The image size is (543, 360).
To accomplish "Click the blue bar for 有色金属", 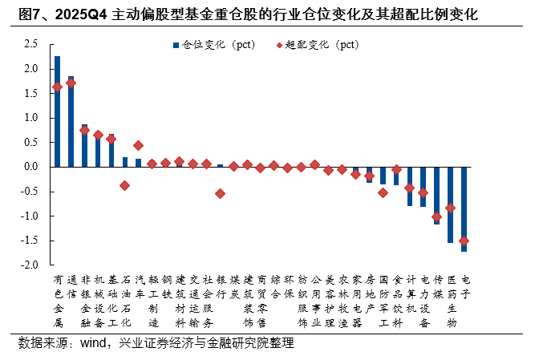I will pyautogui.click(x=57, y=112).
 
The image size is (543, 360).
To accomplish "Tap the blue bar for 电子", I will pyautogui.click(x=464, y=208).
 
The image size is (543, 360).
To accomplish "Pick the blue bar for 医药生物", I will pyautogui.click(x=451, y=204).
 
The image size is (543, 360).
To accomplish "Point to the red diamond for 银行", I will pyautogui.click(x=220, y=193).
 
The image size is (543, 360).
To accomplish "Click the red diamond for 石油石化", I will pyautogui.click(x=124, y=185).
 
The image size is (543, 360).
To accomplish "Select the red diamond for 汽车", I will pyautogui.click(x=138, y=145).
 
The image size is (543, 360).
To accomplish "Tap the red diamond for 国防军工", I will pyautogui.click(x=383, y=192).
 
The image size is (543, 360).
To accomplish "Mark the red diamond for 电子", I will pyautogui.click(x=464, y=241).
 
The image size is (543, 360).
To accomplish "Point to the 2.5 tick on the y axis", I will pyautogui.click(x=32, y=44).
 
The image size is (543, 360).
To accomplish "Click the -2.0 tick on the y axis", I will pyautogui.click(x=30, y=265).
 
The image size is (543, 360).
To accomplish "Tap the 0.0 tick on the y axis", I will pyautogui.click(x=32, y=167).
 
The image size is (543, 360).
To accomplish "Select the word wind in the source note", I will pyautogui.click(x=93, y=343).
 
